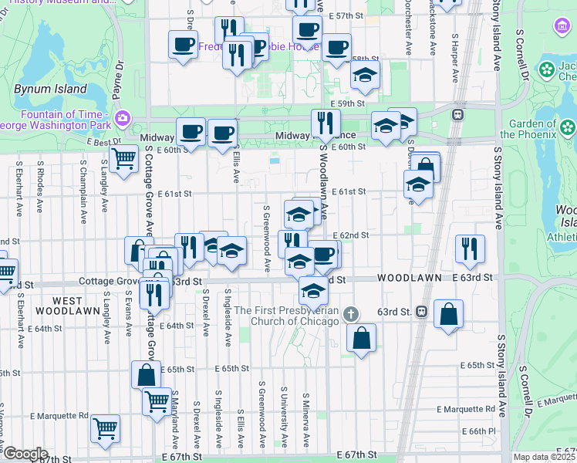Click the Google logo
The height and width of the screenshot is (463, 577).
(x=25, y=454)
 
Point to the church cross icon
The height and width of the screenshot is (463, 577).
(x=351, y=313)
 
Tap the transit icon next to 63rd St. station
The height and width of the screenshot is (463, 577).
(x=422, y=312)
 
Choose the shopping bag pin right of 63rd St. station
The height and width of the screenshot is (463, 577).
(x=448, y=314)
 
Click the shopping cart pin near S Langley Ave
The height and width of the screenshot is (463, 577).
(x=123, y=159)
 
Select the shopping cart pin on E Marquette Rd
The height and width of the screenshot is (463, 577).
(x=106, y=428)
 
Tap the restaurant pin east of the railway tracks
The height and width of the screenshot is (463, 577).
(x=470, y=248)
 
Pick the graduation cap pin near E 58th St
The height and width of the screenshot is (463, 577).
(x=366, y=74)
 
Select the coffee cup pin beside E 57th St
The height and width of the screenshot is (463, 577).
(x=307, y=29)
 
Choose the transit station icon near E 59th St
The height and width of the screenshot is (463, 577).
(x=457, y=114)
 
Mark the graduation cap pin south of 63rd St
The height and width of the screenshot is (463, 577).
(x=313, y=290)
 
